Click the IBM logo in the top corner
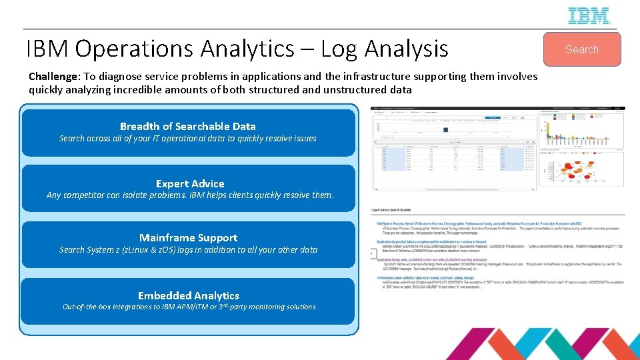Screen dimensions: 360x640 point(589,15)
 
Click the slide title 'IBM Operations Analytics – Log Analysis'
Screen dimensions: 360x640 point(237,49)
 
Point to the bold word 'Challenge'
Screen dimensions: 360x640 point(52,77)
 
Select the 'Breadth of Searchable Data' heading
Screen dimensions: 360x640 point(187,126)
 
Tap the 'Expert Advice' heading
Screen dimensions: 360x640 point(190,183)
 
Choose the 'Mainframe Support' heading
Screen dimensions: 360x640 point(188,237)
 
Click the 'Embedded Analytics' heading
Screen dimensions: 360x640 point(188,295)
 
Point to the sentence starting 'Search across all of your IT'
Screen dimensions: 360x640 point(187,139)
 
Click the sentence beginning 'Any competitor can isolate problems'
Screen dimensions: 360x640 point(190,195)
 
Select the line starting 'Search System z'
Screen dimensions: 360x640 point(188,249)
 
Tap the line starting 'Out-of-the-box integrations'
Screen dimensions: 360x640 point(189,307)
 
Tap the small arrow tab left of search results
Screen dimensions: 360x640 point(373,254)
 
